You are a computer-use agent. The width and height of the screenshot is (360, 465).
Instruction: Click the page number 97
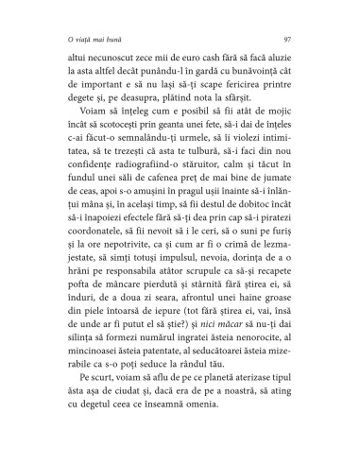tap(285, 39)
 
